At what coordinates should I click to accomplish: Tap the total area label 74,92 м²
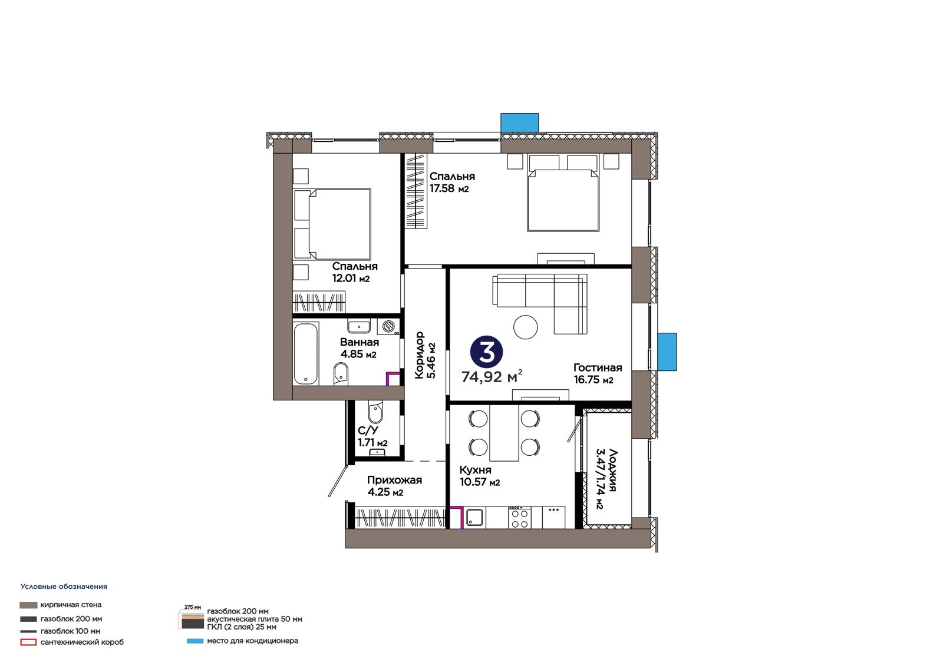coord(492,376)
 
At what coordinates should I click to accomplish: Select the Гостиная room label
coord(598,367)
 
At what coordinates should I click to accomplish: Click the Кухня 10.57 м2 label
coord(480,476)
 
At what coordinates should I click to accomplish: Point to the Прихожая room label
coord(394,480)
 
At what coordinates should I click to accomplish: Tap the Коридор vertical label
coord(419,355)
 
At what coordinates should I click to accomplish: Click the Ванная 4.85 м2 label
coord(359,348)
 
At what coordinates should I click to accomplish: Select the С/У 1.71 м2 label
coord(372,436)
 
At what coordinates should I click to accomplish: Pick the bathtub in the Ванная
coord(306,353)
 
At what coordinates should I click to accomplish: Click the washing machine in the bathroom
coord(388,326)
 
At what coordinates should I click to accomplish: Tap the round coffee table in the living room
coord(525,327)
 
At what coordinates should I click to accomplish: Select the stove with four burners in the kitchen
coord(519,518)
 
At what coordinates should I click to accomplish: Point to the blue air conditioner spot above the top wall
coord(519,122)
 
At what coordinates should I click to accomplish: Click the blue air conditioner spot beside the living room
coord(667,352)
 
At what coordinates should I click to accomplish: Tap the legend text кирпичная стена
coord(71,605)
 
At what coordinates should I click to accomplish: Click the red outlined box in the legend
coord(28,642)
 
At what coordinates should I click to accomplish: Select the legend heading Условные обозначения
coord(64,587)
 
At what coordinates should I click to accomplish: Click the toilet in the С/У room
coord(375,412)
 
